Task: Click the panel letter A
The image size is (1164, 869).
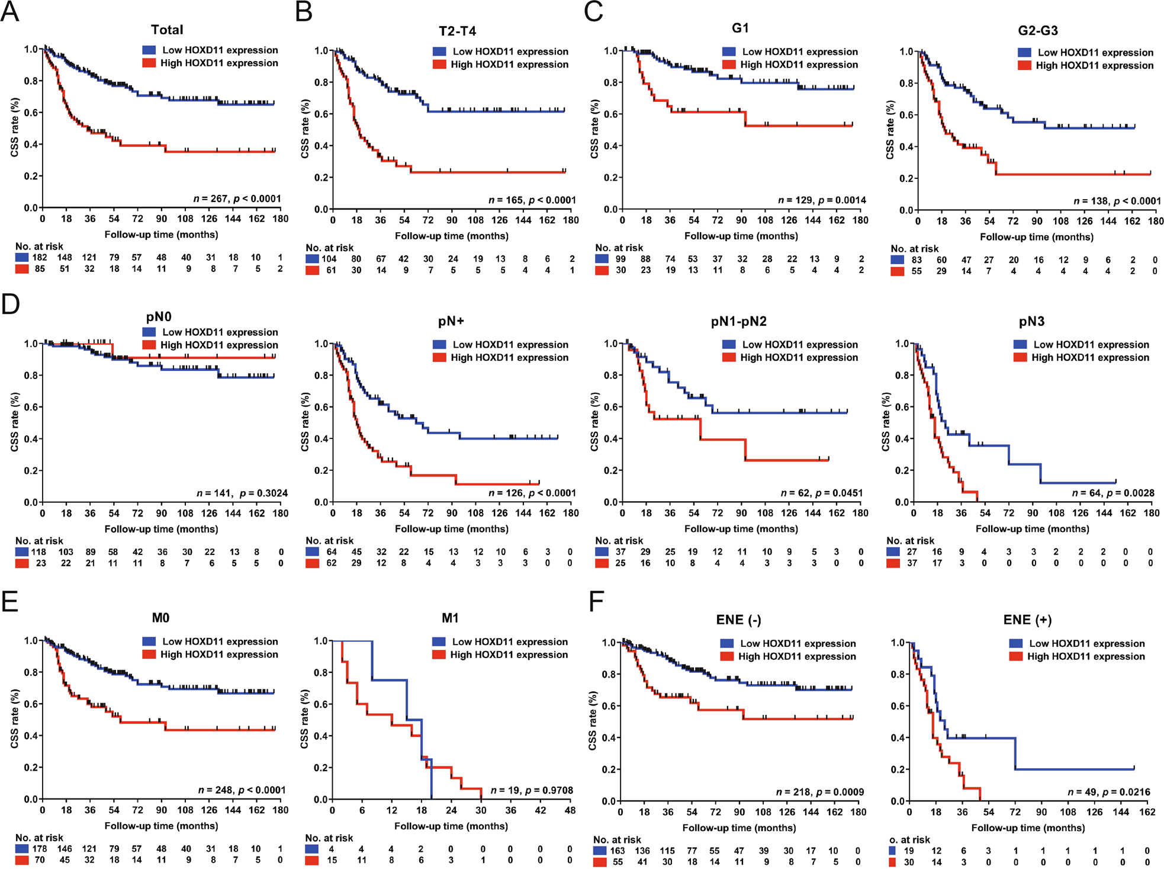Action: pos(10,12)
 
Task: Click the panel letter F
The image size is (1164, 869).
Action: pos(596,602)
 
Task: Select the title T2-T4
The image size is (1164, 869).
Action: pos(457,31)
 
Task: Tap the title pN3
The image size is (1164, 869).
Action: pos(1031,322)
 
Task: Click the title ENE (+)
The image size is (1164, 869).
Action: pos(1027,620)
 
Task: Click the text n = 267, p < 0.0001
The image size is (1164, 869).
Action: pos(237,199)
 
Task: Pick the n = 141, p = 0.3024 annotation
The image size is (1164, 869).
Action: pos(242,493)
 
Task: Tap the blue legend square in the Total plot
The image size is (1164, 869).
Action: pos(149,50)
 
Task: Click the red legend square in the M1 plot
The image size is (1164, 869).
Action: pos(439,655)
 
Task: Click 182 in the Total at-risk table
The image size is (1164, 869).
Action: pos(40,258)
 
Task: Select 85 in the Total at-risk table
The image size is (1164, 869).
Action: pos(40,269)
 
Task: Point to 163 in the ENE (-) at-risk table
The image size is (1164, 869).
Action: pos(617,851)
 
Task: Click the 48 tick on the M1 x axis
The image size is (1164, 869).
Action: pos(570,810)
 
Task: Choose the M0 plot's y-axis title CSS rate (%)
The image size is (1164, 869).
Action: pos(15,718)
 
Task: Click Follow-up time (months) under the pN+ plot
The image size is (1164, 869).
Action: pos(451,529)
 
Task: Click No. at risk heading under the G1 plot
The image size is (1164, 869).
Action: pos(619,248)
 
